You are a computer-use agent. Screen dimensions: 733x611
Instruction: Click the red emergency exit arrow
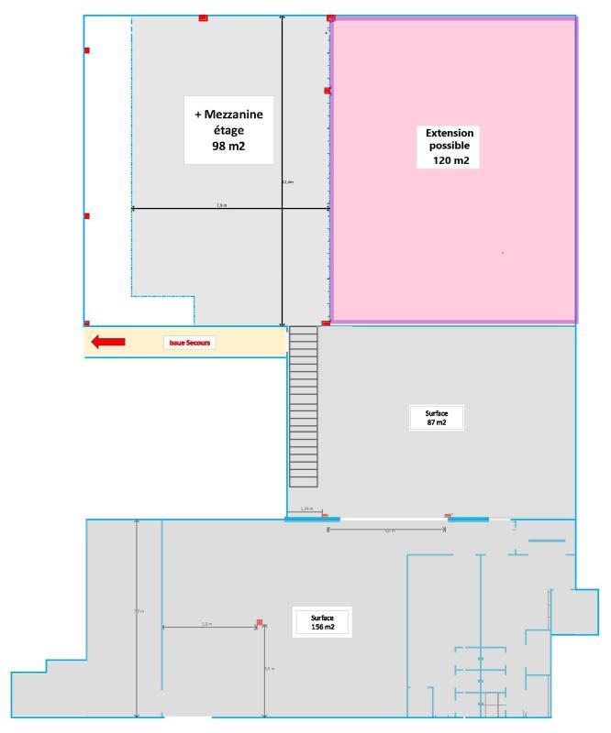pyautogui.click(x=108, y=342)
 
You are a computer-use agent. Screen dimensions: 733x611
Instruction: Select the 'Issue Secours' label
pyautogui.click(x=189, y=343)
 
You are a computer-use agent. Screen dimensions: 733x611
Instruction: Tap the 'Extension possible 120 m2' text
pyautogui.click(x=450, y=147)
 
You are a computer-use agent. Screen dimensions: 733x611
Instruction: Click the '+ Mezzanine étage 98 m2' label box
pyautogui.click(x=229, y=129)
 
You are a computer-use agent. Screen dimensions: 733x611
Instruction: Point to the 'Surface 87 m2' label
pyautogui.click(x=438, y=418)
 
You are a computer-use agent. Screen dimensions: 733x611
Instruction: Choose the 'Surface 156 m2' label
pyautogui.click(x=322, y=622)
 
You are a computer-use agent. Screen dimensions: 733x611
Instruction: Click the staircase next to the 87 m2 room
pyautogui.click(x=304, y=407)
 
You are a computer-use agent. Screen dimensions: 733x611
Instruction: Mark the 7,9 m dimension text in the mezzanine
pyautogui.click(x=222, y=205)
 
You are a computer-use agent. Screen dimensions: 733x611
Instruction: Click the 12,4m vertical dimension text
pyautogui.click(x=287, y=181)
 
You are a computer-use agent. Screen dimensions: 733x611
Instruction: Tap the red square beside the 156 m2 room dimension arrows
pyautogui.click(x=260, y=623)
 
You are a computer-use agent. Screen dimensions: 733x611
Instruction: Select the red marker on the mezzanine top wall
pyautogui.click(x=203, y=17)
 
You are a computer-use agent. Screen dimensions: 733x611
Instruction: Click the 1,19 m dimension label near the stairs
pyautogui.click(x=306, y=509)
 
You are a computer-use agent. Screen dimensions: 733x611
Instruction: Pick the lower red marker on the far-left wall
pyautogui.click(x=86, y=216)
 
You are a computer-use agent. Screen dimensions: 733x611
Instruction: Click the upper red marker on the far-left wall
pyautogui.click(x=86, y=50)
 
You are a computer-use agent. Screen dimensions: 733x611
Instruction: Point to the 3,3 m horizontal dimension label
pyautogui.click(x=206, y=624)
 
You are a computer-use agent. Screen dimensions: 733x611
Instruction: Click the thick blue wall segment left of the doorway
pyautogui.click(x=312, y=520)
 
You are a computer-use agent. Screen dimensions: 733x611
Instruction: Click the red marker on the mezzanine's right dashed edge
pyautogui.click(x=327, y=91)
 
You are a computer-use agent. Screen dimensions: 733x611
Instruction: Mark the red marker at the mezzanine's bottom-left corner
pyautogui.click(x=86, y=323)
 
